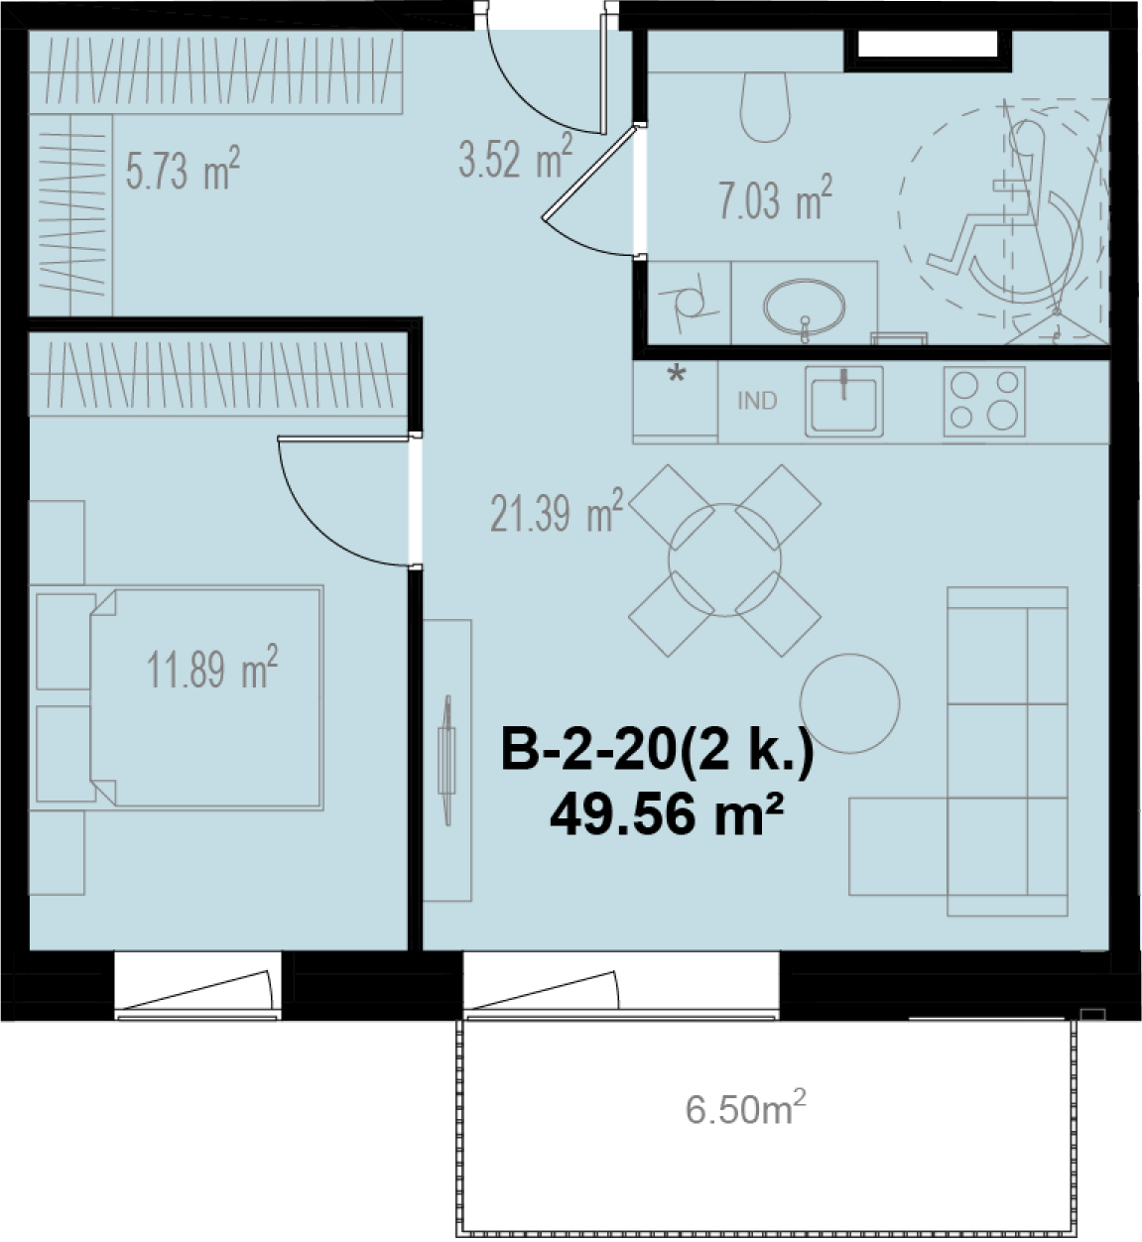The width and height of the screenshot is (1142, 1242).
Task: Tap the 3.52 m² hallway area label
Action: click(x=515, y=157)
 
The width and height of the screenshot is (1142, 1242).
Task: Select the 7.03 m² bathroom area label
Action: click(x=775, y=198)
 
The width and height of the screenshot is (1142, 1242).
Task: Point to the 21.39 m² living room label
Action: click(x=557, y=510)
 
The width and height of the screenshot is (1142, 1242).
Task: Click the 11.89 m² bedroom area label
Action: click(x=211, y=668)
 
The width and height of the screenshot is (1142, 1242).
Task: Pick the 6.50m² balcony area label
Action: click(x=746, y=1109)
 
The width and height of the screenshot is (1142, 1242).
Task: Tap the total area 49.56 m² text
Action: click(x=667, y=814)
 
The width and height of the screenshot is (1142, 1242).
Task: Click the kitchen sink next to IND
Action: click(x=844, y=401)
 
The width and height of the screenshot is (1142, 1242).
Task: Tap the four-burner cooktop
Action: click(x=984, y=401)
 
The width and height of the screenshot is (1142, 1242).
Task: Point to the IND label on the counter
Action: click(x=757, y=401)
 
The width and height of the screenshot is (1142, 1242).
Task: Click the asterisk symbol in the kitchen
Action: click(x=677, y=373)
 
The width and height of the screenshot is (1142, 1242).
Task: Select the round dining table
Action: click(x=724, y=560)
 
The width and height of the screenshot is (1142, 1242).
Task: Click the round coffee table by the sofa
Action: click(x=849, y=703)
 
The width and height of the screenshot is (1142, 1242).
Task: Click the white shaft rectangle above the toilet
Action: click(x=928, y=45)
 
